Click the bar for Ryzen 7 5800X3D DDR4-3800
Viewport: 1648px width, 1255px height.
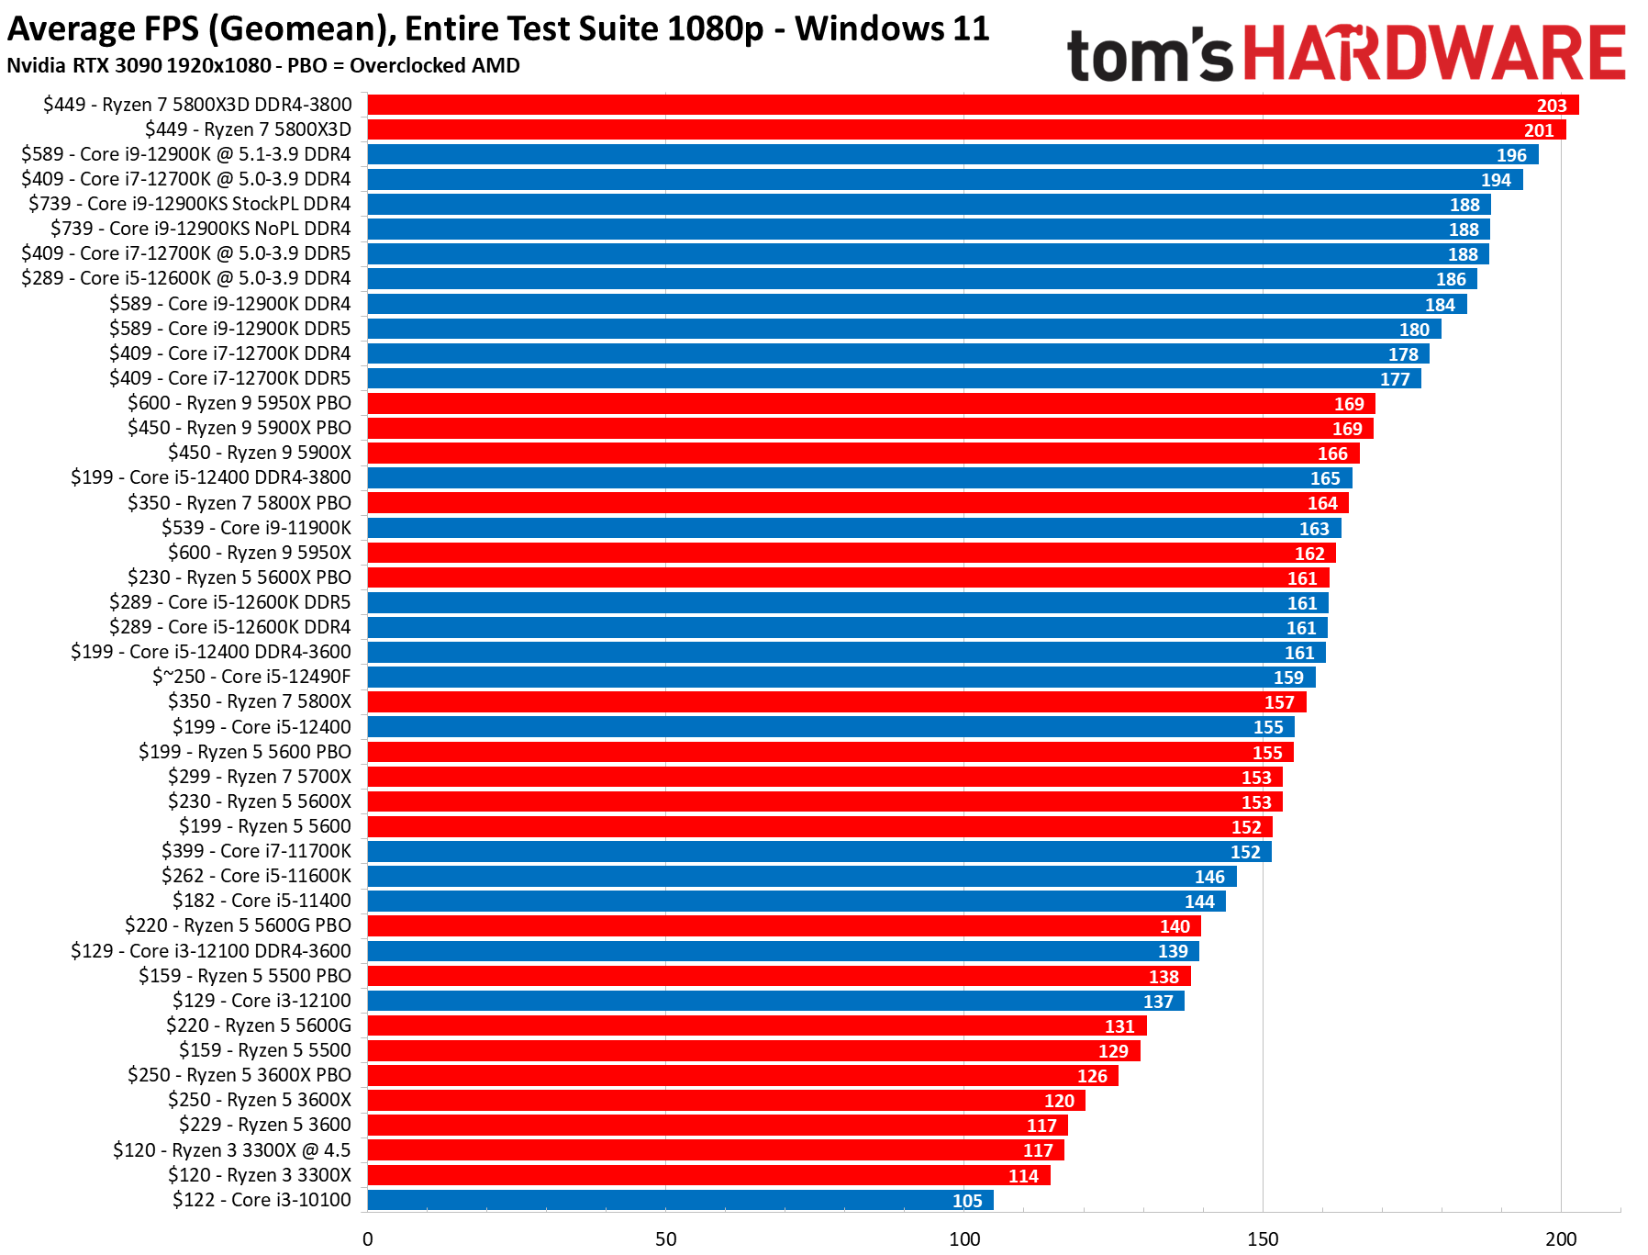click(x=973, y=105)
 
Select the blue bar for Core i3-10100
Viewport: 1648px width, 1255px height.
click(x=680, y=1200)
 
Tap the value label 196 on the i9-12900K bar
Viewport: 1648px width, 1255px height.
click(x=1510, y=155)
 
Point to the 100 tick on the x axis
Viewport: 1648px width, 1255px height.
click(x=964, y=1238)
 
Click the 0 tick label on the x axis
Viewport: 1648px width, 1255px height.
click(x=368, y=1238)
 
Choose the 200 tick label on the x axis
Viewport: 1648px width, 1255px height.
click(x=1561, y=1238)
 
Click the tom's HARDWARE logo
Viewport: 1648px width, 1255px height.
click(x=1345, y=53)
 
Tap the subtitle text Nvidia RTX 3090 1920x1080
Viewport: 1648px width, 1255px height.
click(x=139, y=66)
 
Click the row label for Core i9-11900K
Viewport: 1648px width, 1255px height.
click(x=257, y=528)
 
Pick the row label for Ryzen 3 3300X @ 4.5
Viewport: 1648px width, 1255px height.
click(x=231, y=1150)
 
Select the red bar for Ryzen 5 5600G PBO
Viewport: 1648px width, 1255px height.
click(x=784, y=925)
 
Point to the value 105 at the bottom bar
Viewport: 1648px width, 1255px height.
click(x=967, y=1201)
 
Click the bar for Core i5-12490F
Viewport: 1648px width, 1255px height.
click(x=841, y=677)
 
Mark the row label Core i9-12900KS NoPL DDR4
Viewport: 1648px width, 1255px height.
click(x=200, y=229)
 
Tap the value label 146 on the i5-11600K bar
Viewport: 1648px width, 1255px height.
click(x=1209, y=877)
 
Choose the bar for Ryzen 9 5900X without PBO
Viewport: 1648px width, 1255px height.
click(x=863, y=453)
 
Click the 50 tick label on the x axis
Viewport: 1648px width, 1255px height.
click(x=666, y=1238)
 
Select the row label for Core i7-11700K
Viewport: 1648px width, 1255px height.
click(x=256, y=851)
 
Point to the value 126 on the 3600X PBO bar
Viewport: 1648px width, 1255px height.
click(x=1092, y=1076)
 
